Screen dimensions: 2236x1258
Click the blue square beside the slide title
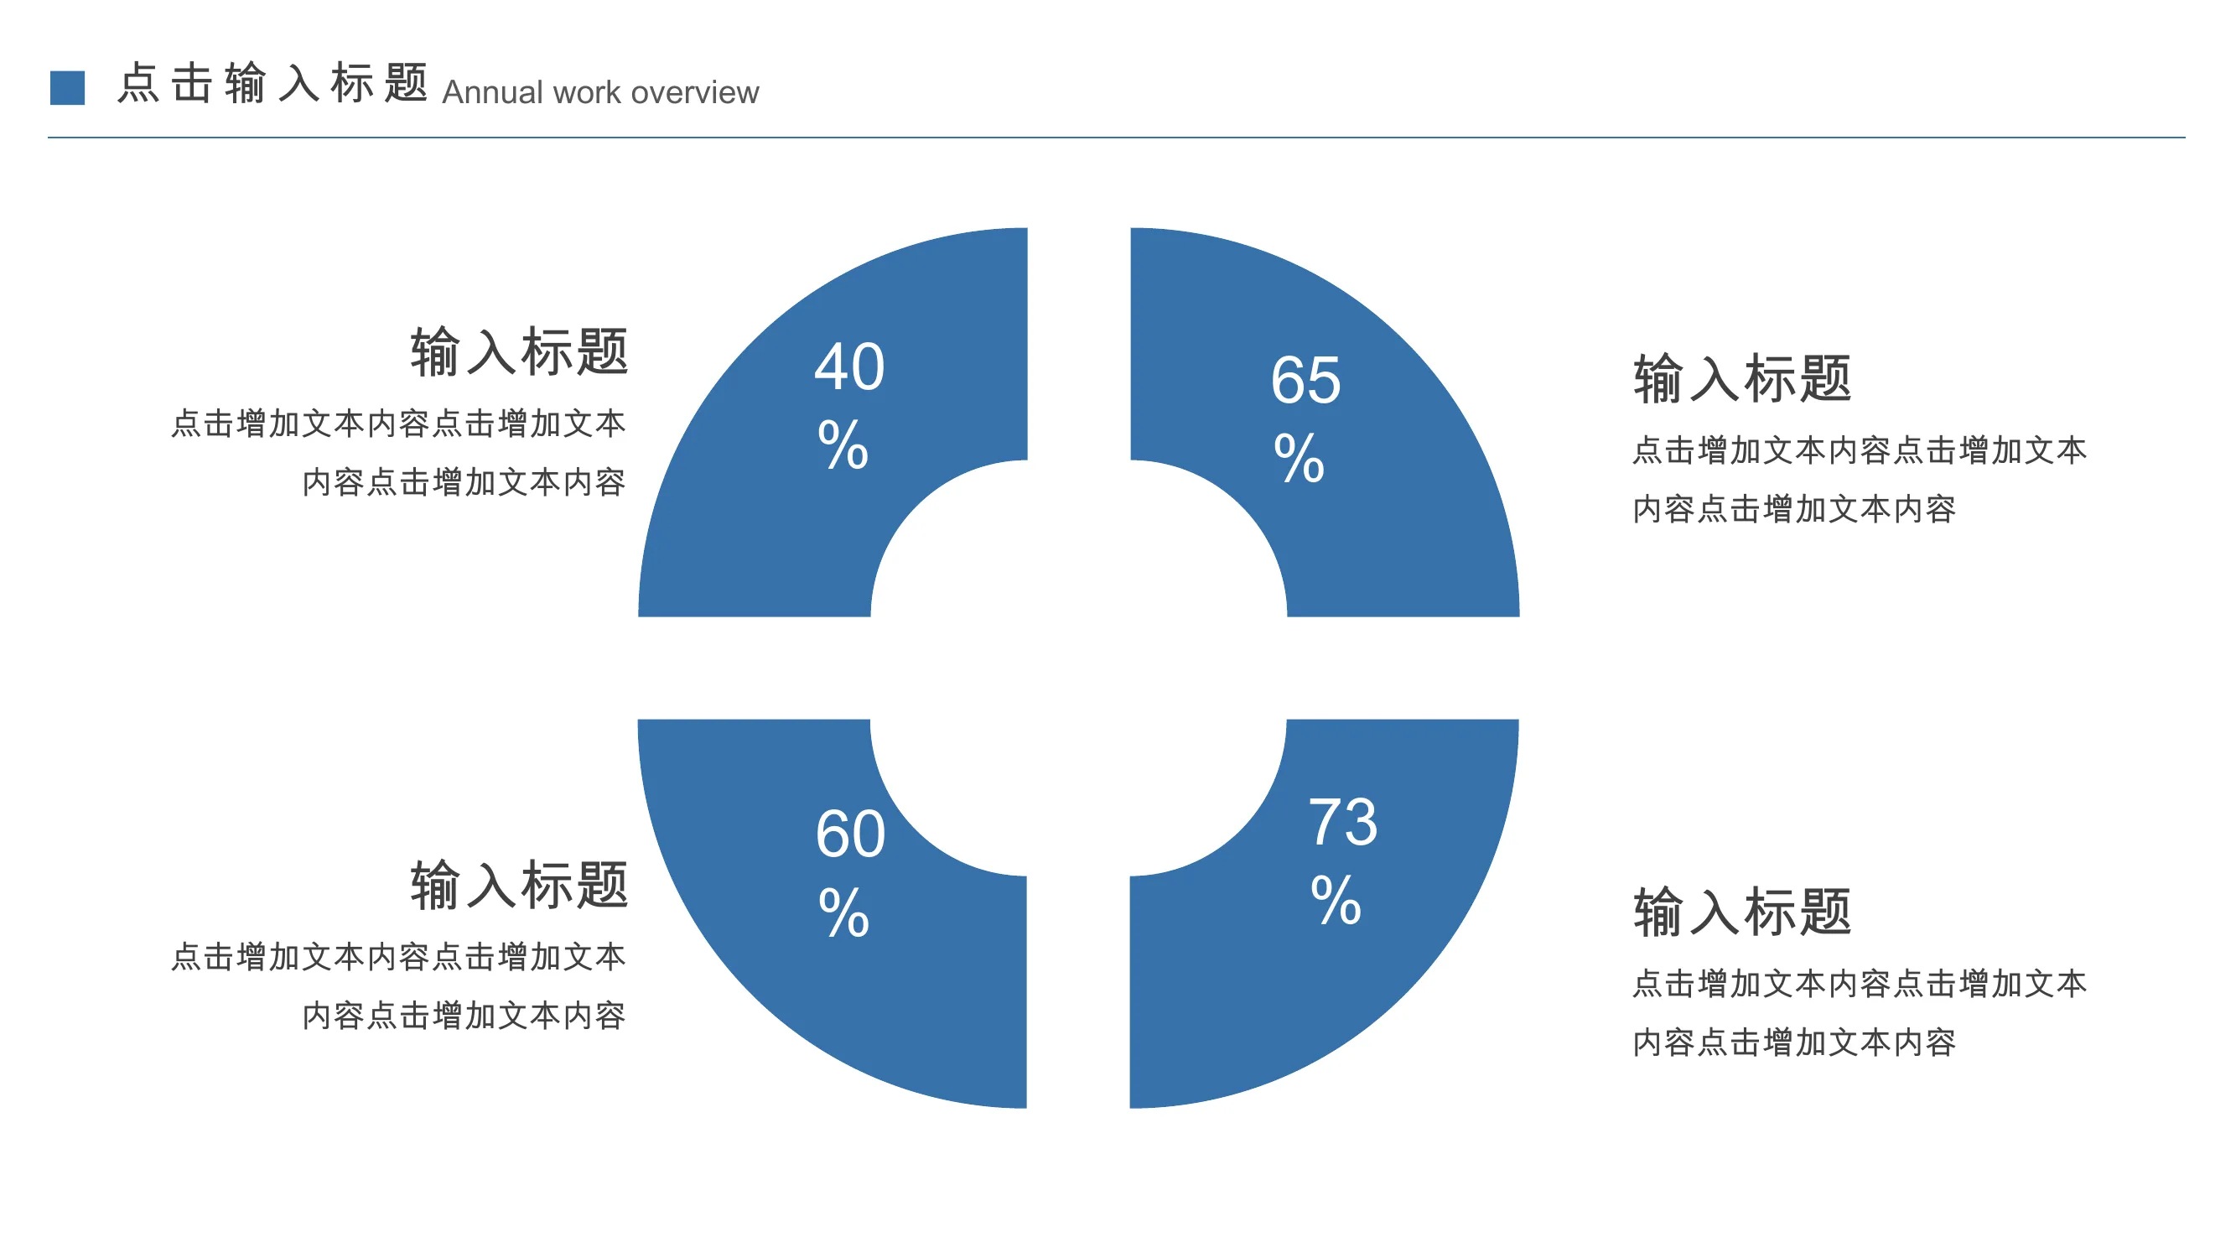coord(67,88)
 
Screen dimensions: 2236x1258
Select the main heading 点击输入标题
coord(272,83)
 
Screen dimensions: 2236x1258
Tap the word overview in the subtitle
coord(694,92)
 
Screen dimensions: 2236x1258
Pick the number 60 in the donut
coord(851,834)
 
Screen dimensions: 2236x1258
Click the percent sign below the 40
coord(843,444)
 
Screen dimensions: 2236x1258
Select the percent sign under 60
coord(843,912)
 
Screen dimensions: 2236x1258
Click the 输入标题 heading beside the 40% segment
coord(519,351)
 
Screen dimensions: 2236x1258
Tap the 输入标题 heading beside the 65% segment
coord(1742,378)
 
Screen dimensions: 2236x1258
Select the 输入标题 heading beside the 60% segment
coord(519,885)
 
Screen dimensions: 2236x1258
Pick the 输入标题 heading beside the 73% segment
coord(1742,912)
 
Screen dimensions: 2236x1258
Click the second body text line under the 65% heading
coord(1794,509)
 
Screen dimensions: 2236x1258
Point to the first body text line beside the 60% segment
coord(398,957)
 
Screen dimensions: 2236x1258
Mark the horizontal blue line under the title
coord(1116,138)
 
